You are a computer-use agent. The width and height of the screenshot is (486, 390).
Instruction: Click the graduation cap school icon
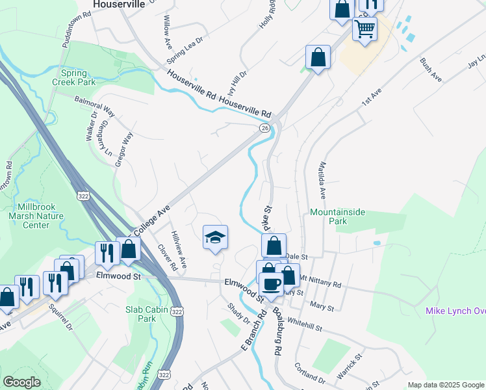[x=215, y=238]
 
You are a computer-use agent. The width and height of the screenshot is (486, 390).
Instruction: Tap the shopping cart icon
[x=365, y=29]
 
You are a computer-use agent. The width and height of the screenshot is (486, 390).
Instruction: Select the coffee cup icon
[x=271, y=283]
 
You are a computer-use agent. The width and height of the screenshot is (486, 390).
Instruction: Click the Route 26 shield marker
[x=264, y=129]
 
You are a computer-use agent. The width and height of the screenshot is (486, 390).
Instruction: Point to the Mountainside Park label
[x=337, y=216]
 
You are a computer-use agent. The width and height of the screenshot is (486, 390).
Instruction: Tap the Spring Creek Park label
[x=78, y=77]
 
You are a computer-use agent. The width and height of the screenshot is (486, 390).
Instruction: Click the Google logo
[x=21, y=382]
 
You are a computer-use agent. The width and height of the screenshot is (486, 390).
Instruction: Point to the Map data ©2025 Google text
[x=445, y=385]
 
